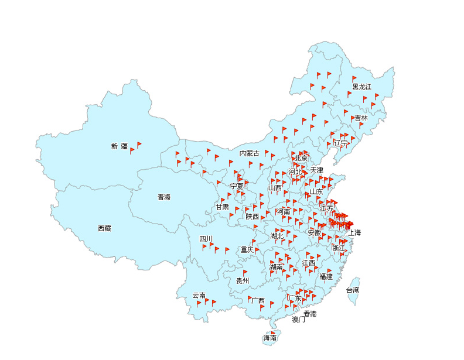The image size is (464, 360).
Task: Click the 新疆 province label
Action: (120, 146)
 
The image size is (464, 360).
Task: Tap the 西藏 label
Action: (104, 228)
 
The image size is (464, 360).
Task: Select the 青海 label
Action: (164, 197)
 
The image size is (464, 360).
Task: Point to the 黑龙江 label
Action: (362, 87)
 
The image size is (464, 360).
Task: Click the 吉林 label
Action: (361, 118)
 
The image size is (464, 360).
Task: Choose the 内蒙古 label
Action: (249, 153)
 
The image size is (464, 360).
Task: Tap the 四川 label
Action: (206, 239)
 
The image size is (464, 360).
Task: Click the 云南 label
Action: (199, 296)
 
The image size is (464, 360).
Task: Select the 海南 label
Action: (270, 338)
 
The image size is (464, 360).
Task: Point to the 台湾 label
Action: (353, 290)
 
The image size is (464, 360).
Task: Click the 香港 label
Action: (310, 314)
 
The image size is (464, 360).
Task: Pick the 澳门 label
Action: (299, 320)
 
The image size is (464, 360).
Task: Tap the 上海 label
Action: (354, 232)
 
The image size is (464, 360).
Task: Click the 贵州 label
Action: (243, 281)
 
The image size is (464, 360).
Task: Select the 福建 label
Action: (326, 276)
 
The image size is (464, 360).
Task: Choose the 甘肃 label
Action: (222, 207)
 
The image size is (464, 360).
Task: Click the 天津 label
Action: (317, 170)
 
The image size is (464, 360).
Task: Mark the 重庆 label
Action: (247, 250)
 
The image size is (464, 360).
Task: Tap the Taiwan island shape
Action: (353, 297)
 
